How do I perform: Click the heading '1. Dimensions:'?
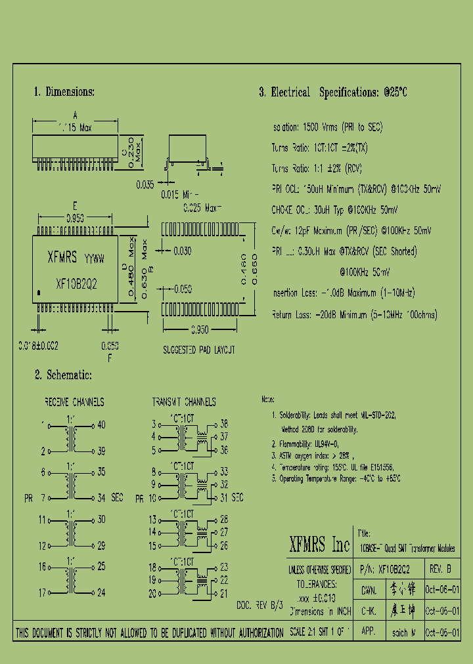(x=64, y=92)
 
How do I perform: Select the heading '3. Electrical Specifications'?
(x=333, y=93)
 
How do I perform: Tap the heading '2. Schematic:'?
(x=63, y=375)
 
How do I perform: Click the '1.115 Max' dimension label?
(x=75, y=128)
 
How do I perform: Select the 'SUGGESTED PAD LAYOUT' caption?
(x=198, y=350)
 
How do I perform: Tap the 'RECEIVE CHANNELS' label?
(x=74, y=402)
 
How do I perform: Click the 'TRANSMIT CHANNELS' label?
(x=184, y=402)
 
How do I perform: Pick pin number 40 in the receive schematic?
(x=101, y=425)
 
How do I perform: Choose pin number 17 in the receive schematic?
(x=42, y=592)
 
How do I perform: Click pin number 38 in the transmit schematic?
(x=224, y=424)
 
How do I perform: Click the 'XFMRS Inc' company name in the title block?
(x=320, y=544)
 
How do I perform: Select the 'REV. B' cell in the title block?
(x=439, y=569)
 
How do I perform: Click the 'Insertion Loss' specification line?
(x=343, y=293)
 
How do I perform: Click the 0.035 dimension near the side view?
(x=145, y=184)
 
